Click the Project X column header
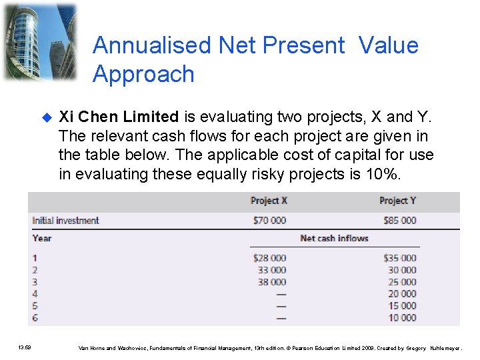pyautogui.click(x=269, y=201)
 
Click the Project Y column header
pyautogui.click(x=397, y=201)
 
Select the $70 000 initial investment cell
pyautogui.click(x=269, y=221)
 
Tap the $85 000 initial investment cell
pyautogui.click(x=399, y=221)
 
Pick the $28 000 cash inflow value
pyautogui.click(x=269, y=258)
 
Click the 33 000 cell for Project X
pyautogui.click(x=272, y=270)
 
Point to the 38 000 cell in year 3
pyautogui.click(x=272, y=282)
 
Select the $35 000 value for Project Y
pyautogui.click(x=399, y=258)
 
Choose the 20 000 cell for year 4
pyautogui.click(x=402, y=294)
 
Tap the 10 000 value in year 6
pyautogui.click(x=402, y=318)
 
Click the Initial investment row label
pyautogui.click(x=65, y=221)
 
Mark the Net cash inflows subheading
pyautogui.click(x=334, y=239)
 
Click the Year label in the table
pyautogui.click(x=42, y=239)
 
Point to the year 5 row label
pyautogui.click(x=35, y=306)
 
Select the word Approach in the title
pyautogui.click(x=143, y=74)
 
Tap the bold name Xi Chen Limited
pyautogui.click(x=119, y=117)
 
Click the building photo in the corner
pyautogui.click(x=39, y=41)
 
